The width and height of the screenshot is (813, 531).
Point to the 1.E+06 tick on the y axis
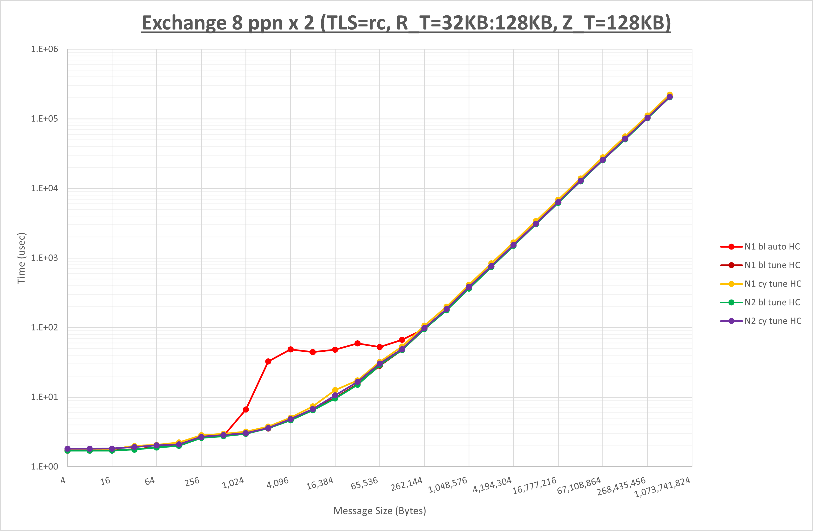45,49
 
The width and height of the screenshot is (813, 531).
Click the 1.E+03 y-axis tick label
45,258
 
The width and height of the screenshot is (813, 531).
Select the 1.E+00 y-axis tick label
45,467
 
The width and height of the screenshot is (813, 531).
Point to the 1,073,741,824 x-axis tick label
662,487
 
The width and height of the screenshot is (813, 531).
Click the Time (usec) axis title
21,258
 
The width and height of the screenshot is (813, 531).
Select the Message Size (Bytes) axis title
380,511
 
